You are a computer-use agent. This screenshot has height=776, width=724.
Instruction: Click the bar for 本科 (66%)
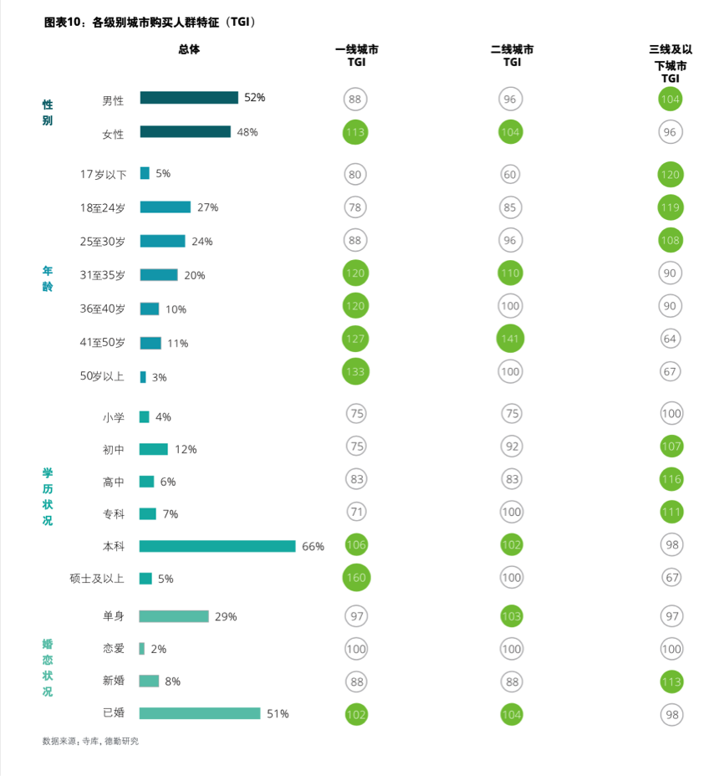(217, 546)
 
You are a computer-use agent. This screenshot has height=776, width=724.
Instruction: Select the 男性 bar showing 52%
(189, 98)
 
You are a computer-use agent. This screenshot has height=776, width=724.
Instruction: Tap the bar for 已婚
(200, 713)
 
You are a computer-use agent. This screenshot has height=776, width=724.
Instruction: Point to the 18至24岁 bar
(165, 207)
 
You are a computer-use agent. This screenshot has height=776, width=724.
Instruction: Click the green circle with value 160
(355, 578)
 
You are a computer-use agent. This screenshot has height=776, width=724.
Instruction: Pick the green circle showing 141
(510, 339)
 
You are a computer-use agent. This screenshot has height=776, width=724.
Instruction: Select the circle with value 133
(355, 372)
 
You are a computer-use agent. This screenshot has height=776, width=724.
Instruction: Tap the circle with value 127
(355, 339)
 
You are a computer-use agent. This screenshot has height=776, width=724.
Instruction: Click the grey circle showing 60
(510, 175)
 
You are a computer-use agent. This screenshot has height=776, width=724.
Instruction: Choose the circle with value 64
(670, 339)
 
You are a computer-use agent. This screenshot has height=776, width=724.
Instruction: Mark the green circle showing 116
(670, 479)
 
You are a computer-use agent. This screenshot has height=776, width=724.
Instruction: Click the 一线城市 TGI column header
(356, 56)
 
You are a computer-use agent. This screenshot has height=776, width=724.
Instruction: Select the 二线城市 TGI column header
(512, 56)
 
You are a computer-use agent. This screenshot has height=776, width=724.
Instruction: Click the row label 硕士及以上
(97, 579)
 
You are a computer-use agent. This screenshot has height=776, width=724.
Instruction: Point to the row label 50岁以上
(102, 376)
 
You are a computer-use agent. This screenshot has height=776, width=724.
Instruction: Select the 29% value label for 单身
(226, 617)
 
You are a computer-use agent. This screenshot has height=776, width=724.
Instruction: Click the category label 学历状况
(48, 497)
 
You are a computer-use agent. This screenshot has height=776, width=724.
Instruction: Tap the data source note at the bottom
(90, 742)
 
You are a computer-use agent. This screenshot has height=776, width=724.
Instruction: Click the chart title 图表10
(150, 23)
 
